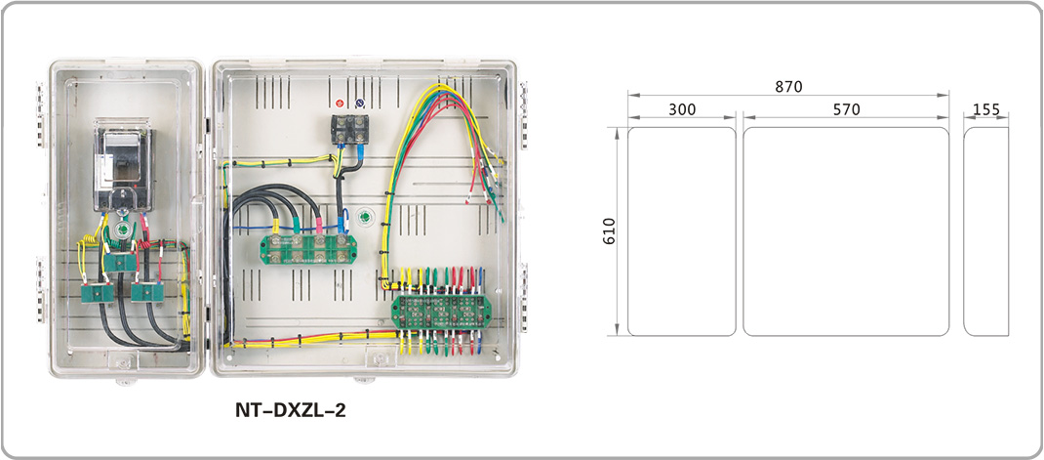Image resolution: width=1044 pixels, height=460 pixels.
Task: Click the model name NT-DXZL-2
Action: (290, 411)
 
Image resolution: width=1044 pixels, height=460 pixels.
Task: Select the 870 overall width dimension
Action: (788, 87)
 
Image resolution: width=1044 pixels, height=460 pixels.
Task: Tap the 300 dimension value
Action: (682, 109)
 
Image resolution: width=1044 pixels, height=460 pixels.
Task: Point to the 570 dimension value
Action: (846, 109)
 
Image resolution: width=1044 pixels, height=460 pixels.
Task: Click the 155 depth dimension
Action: (986, 109)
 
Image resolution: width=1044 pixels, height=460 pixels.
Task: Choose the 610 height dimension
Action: (610, 230)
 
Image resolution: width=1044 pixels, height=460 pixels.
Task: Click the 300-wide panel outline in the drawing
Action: (681, 230)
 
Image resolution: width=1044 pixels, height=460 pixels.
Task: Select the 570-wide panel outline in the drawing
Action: (846, 230)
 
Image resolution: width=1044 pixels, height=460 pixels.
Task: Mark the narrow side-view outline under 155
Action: (985, 230)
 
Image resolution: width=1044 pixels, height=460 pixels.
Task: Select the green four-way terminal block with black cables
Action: (305, 248)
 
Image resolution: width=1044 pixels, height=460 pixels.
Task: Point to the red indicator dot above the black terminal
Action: (340, 103)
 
